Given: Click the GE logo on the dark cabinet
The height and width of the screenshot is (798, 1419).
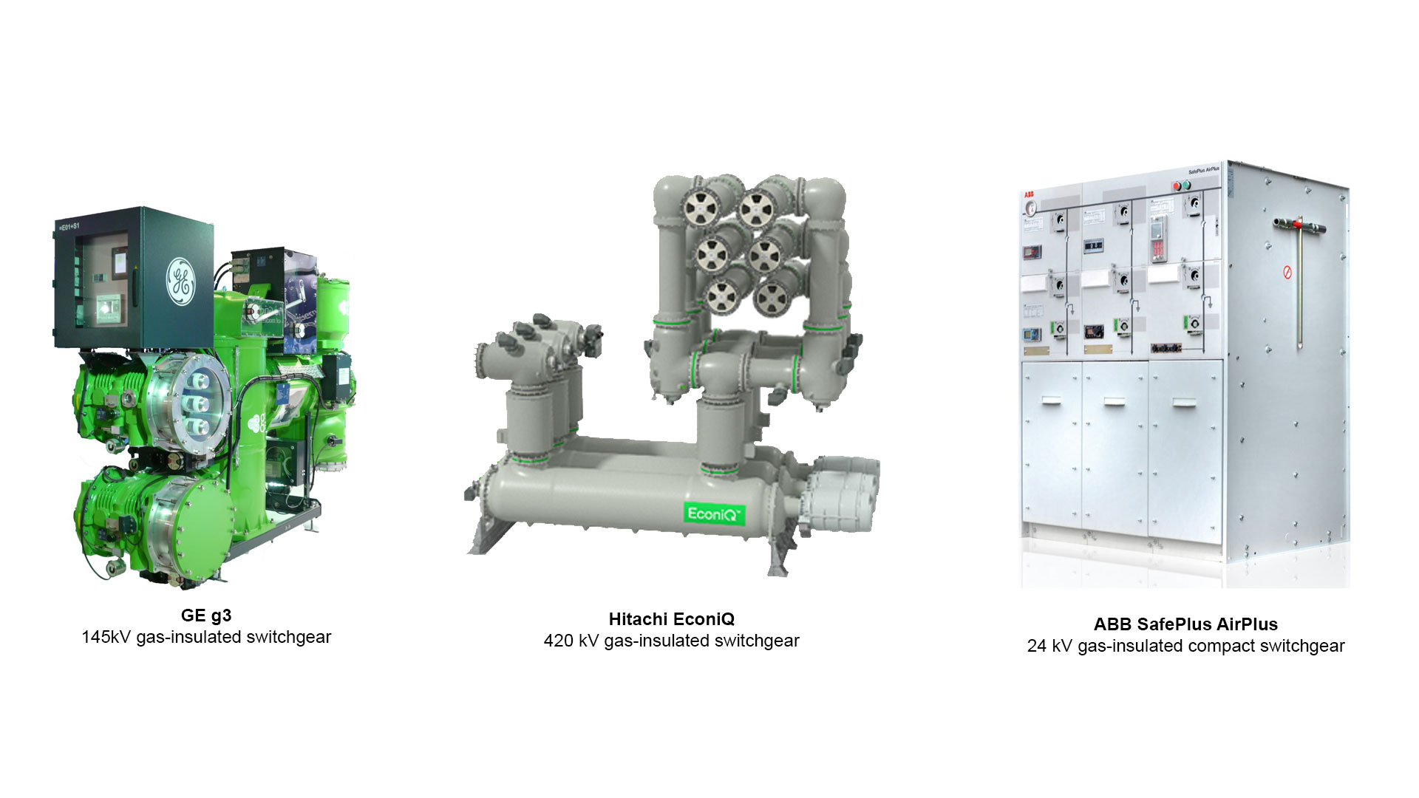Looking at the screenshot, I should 180,282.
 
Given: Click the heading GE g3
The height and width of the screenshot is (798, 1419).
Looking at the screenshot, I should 206,615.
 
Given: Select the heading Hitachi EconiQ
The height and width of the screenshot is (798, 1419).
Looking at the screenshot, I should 671,619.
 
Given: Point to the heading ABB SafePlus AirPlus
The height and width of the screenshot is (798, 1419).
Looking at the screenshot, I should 1185,624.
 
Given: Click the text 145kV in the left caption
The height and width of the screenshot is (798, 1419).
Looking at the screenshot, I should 106,637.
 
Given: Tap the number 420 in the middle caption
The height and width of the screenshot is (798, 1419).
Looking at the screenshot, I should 559,641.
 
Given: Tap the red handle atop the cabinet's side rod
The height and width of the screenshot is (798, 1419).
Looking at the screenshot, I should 1299,222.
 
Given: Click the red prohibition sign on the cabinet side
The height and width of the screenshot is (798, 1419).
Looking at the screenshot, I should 1287,273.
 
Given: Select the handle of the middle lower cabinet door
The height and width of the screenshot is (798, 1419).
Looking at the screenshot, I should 1114,401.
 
